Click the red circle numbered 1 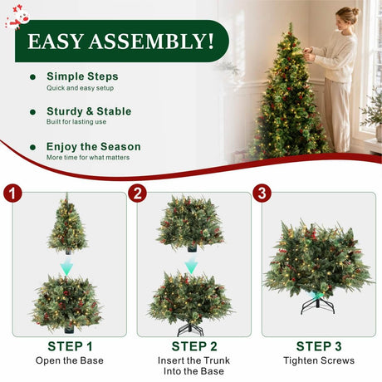tap(12, 193)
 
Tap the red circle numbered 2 tap(138, 193)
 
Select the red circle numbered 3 tap(262, 193)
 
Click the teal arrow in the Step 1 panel tap(66, 266)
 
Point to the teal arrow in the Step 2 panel tap(191, 264)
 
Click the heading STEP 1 tap(70, 346)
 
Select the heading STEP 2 tap(194, 346)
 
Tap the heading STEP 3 tap(319, 346)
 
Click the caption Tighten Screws tap(319, 360)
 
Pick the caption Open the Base tap(70, 360)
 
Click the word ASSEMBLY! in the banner tap(151, 42)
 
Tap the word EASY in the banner tap(56, 42)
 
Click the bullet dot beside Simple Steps tap(32, 77)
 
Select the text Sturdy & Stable tap(89, 111)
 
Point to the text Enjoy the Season tap(94, 147)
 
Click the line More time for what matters tap(88, 158)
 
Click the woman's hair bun tap(355, 11)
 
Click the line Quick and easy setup tap(80, 88)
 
